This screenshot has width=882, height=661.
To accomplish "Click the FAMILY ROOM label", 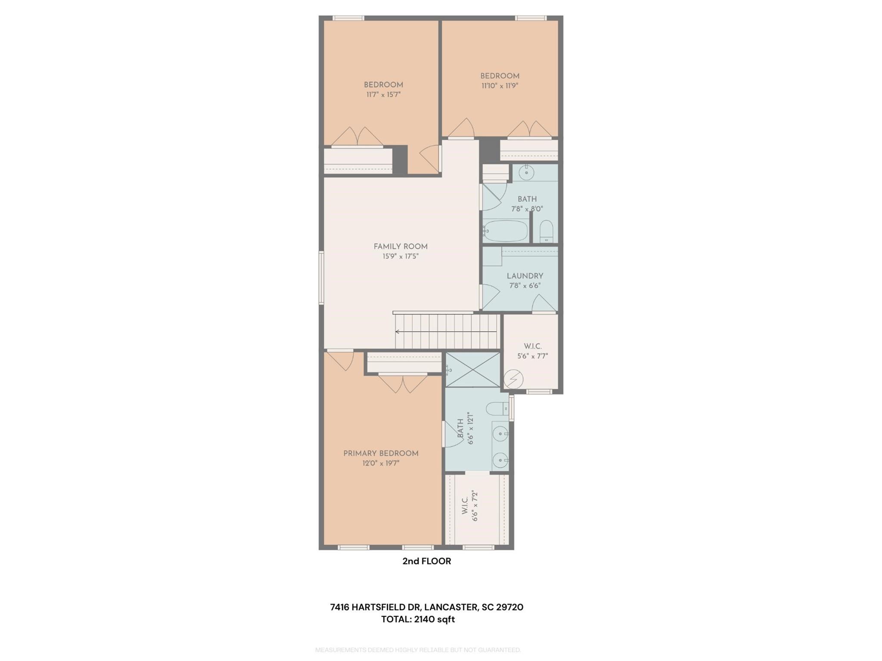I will click(400, 247).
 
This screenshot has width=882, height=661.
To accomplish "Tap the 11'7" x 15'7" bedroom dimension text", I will click(383, 95).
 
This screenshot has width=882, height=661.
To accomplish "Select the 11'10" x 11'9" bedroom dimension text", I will click(500, 86).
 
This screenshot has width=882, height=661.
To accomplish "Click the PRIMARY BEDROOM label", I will click(381, 453).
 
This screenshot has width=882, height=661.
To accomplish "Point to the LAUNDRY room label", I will click(525, 276).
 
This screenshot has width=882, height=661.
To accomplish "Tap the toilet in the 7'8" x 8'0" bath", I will click(546, 231).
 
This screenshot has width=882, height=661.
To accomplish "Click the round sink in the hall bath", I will click(526, 173).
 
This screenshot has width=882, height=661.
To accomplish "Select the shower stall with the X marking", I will click(473, 369).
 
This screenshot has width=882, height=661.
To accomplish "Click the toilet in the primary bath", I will click(497, 408).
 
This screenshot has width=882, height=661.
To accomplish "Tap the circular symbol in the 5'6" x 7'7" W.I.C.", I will click(513, 380).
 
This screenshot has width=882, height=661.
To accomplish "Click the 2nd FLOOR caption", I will click(426, 561).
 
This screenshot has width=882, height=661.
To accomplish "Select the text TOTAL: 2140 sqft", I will click(418, 619).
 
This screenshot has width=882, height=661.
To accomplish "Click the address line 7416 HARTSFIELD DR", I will click(426, 607).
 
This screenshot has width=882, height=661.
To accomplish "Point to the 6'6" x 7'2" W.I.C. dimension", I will click(475, 506).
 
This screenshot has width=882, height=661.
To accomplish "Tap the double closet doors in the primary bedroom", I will click(403, 384).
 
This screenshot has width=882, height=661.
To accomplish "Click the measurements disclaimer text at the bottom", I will click(418, 650).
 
